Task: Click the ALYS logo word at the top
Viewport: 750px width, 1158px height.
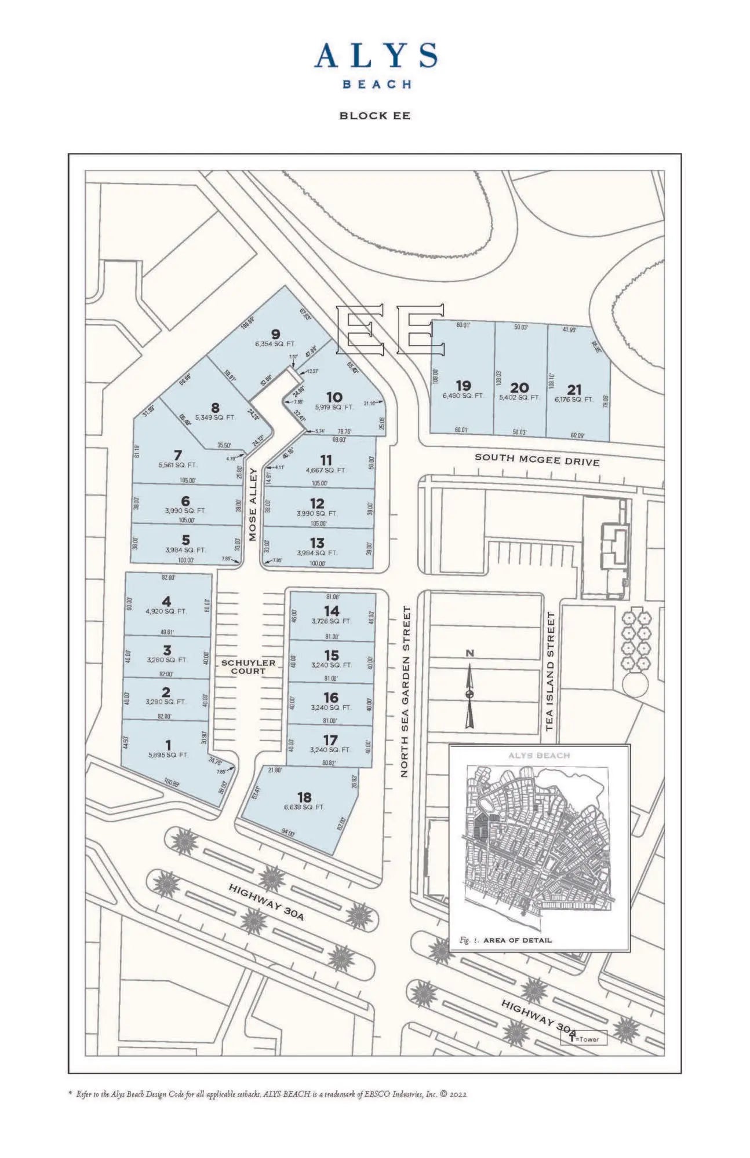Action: pos(376,56)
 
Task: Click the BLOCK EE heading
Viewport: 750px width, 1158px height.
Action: pos(374,116)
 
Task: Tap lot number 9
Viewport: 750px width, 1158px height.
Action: pos(276,334)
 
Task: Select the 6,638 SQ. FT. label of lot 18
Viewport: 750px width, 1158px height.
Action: pos(304,807)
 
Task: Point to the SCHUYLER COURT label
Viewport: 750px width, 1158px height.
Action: pos(248,666)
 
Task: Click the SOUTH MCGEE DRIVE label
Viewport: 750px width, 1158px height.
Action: pos(537,459)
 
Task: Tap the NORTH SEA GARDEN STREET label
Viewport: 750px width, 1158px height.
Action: pos(406,691)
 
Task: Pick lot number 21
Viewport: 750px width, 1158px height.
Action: pos(574,390)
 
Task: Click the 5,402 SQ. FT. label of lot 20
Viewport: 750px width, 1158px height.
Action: pos(519,398)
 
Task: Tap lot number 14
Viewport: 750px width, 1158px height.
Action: pos(332,611)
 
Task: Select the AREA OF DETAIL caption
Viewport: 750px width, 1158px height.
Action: pos(517,940)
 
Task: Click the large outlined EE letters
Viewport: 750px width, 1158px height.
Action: pos(391,330)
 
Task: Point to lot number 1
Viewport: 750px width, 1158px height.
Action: pos(168,745)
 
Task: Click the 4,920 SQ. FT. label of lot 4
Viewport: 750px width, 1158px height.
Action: pos(166,611)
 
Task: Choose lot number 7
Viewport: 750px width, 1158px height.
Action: pos(178,455)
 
